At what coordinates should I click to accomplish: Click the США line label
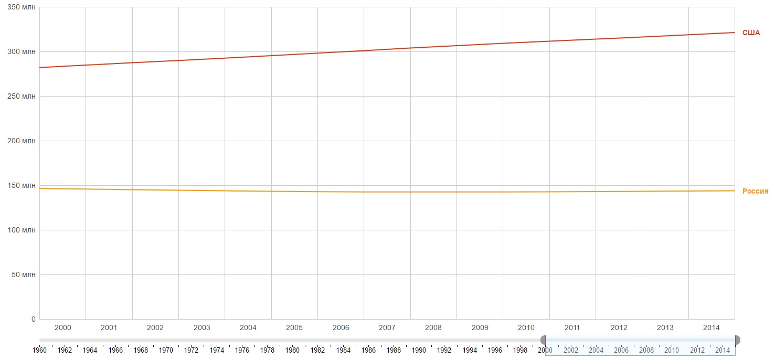coord(751,33)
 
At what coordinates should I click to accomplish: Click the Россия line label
coord(755,191)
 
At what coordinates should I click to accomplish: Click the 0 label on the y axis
coord(33,319)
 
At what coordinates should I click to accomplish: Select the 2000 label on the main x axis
coord(62,328)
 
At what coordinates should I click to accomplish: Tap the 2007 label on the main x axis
coord(387,328)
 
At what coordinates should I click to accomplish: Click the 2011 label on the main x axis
coord(572,328)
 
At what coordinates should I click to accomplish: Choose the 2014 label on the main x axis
coord(712,328)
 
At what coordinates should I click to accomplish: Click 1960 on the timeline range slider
coord(39,350)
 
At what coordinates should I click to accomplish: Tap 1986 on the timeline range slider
coord(368,350)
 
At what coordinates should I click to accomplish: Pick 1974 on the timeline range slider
coord(217,350)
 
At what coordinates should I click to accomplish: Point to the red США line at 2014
coord(712,34)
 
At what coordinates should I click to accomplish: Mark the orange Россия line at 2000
coord(62,189)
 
